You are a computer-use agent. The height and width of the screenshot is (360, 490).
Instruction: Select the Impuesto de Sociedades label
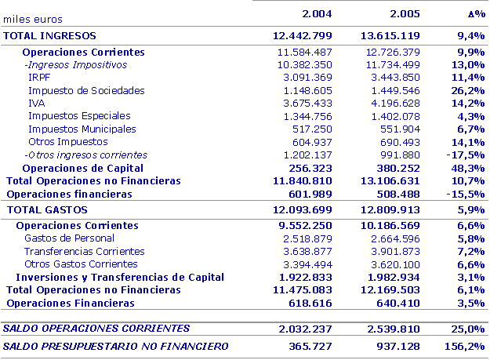coord(86,91)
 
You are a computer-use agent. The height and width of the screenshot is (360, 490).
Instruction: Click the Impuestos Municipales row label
coord(82,129)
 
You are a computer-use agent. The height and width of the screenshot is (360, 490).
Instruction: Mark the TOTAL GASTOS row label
coord(48,210)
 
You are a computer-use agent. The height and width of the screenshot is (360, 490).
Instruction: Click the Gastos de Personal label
coord(69,238)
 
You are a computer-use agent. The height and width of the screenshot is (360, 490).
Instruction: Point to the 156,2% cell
coord(466,346)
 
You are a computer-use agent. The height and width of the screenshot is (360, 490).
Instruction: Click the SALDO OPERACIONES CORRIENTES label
coord(96,328)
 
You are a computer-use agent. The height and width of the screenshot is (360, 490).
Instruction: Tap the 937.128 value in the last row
coord(395,346)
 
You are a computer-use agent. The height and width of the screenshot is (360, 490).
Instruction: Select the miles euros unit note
coord(33,18)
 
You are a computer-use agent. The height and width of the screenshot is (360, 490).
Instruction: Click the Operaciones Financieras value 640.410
coord(396,303)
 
